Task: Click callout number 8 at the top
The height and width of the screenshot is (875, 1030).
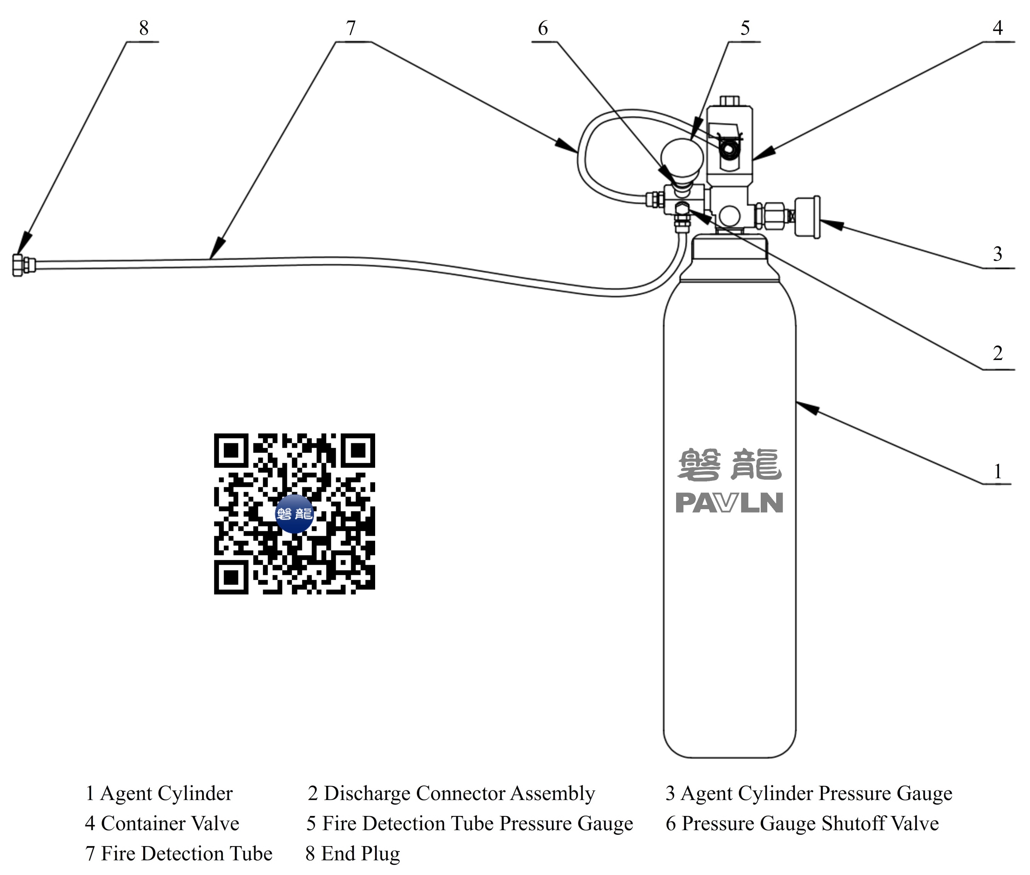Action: (143, 28)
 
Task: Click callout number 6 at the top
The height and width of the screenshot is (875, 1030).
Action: (543, 28)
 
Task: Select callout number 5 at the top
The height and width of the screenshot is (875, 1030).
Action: (745, 28)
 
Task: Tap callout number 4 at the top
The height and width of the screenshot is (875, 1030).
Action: (997, 28)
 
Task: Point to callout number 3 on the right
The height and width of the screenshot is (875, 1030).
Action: (997, 254)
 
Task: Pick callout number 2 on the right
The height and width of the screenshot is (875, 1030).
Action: (997, 353)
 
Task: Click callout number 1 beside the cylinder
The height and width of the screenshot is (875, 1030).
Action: (997, 471)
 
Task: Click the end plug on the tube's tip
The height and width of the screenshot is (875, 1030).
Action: (18, 265)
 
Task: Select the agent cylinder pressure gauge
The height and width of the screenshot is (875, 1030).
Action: (807, 217)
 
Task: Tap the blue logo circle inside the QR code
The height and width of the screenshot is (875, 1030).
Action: (294, 513)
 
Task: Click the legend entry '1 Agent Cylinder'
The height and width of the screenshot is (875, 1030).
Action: (159, 793)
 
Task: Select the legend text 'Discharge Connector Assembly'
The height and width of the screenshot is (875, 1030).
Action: (459, 793)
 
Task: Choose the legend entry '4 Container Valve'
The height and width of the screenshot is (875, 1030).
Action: (162, 823)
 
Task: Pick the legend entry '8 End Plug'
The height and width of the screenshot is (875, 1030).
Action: (352, 854)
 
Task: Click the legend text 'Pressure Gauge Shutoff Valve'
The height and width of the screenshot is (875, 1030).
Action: (810, 823)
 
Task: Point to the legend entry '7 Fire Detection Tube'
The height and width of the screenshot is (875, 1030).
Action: (178, 854)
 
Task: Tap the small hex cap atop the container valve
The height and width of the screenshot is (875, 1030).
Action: (729, 101)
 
